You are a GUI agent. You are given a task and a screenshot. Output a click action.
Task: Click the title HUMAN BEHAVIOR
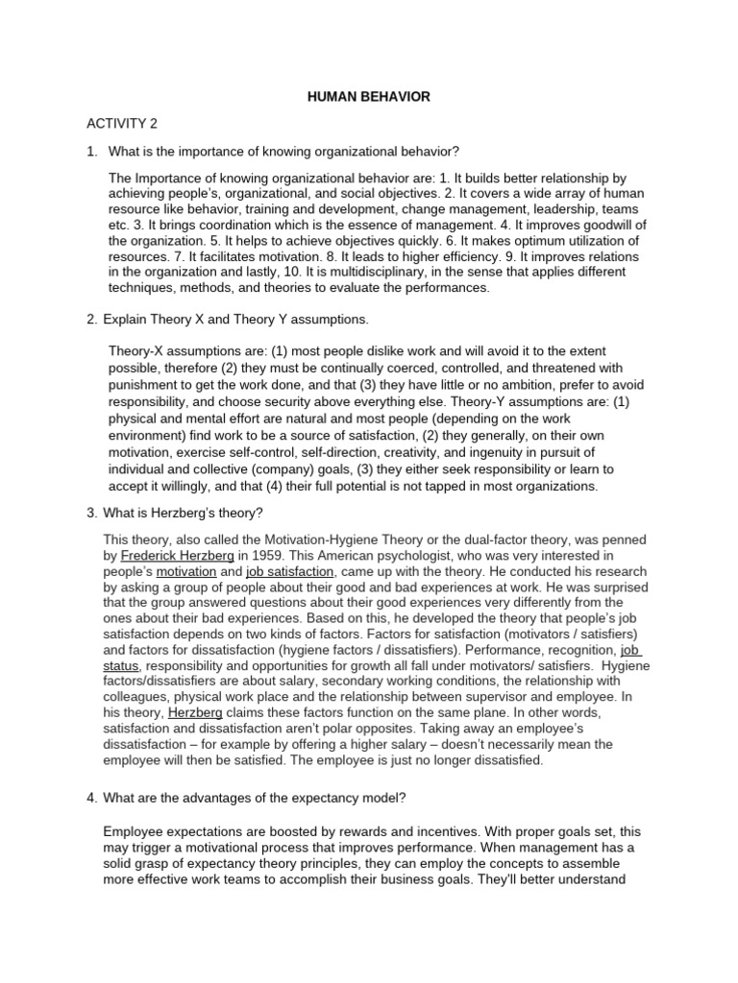coord(369,97)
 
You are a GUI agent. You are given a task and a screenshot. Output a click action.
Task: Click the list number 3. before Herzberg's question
coord(92,512)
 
